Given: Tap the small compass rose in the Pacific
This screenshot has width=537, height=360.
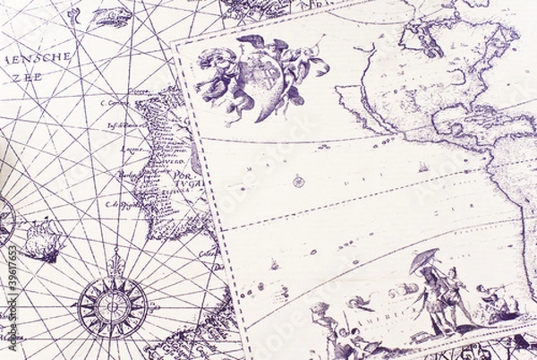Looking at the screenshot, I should [299, 182].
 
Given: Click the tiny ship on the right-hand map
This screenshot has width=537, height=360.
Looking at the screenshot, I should [422, 168].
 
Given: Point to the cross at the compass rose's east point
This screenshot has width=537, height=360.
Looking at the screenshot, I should [153, 305].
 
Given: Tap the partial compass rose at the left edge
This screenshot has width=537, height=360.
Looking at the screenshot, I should [4, 220].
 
